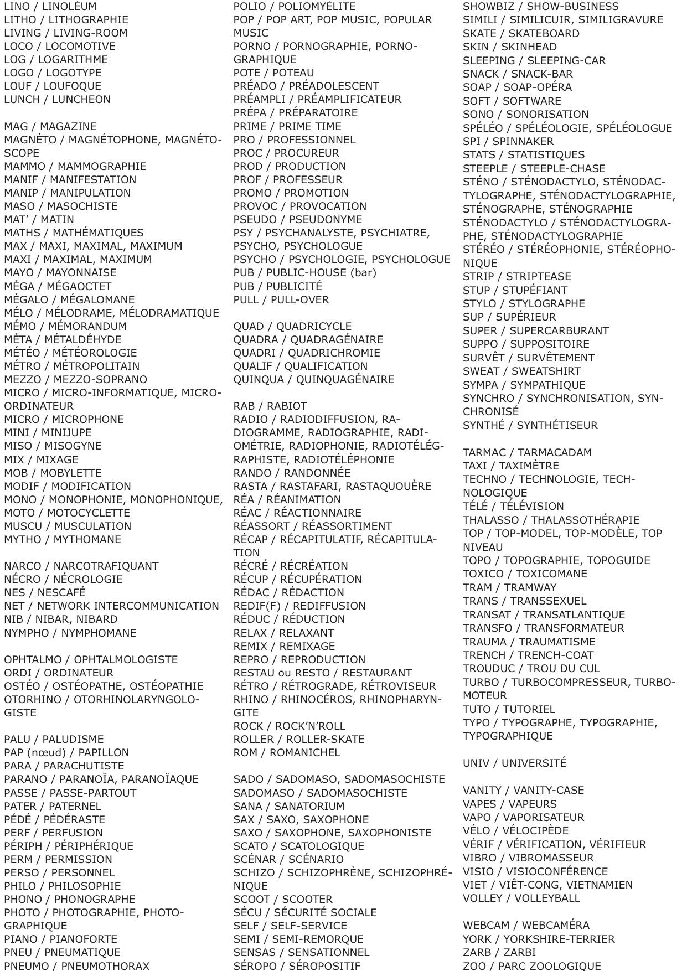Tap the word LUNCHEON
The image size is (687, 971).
[x=81, y=100]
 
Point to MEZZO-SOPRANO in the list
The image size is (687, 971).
[x=99, y=380]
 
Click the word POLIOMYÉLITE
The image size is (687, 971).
[x=317, y=7]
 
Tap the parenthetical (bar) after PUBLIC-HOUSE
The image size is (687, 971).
[x=363, y=273]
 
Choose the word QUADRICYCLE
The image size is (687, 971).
[x=314, y=327]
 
